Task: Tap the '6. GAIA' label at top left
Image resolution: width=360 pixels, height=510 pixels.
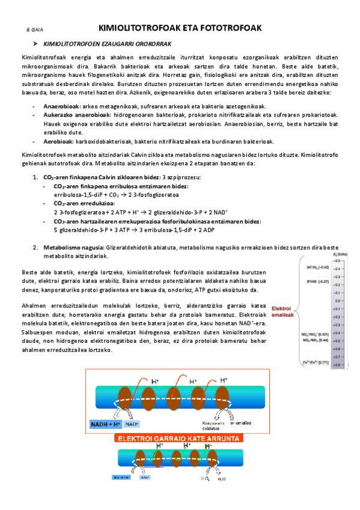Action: [x=34, y=29]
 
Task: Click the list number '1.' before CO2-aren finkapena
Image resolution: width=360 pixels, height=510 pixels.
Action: [x=34, y=177]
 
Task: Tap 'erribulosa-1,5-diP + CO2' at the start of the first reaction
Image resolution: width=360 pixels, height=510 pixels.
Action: [x=83, y=194]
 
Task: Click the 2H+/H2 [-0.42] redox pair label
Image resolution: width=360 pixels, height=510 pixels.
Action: [x=319, y=267]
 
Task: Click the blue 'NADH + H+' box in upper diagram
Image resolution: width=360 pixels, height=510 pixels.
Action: [x=106, y=425]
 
